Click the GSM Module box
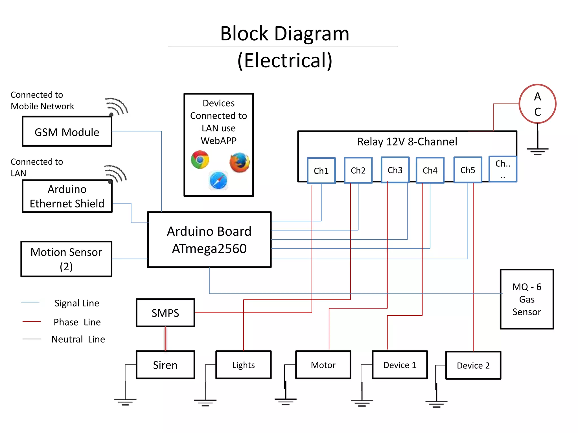(67, 131)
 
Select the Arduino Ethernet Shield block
(67, 196)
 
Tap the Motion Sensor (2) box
(66, 259)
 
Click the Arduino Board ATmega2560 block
(209, 240)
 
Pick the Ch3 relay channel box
(395, 170)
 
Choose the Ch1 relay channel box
(321, 171)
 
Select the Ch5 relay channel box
(468, 170)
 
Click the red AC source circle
(537, 104)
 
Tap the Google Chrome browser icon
(200, 160)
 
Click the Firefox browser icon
(240, 162)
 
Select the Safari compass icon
(218, 180)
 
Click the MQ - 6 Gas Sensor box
(527, 299)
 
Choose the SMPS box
(165, 313)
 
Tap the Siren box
(165, 365)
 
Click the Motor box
(323, 365)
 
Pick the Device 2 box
(473, 365)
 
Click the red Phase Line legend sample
(32, 321)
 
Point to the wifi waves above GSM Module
(117, 107)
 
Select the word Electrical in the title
(285, 60)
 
